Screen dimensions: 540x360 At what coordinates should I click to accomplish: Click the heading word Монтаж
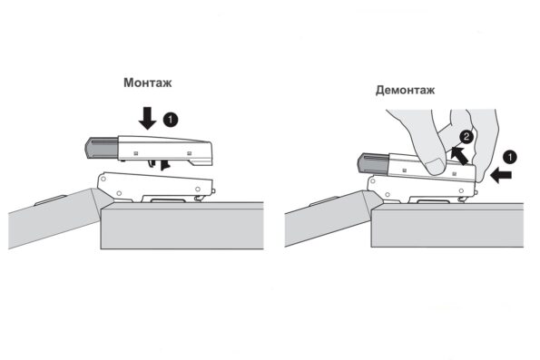147,83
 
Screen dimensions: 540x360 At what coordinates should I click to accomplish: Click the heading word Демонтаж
405,90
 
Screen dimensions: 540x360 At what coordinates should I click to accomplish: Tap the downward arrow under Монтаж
147,118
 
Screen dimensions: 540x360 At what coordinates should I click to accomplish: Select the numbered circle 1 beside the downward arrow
170,120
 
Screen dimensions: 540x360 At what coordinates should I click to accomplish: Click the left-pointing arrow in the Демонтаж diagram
501,176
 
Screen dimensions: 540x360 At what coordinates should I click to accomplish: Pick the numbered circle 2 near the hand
466,137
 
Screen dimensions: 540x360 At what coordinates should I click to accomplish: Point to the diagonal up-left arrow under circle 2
459,156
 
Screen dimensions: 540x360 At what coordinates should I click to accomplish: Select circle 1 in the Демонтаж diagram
510,157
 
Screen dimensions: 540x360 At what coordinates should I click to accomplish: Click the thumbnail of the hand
435,166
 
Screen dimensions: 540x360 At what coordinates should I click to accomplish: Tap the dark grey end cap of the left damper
102,148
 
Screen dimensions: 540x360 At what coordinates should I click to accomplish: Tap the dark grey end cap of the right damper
373,163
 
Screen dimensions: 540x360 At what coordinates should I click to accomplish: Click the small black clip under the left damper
165,165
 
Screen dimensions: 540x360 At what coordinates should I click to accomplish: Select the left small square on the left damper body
136,153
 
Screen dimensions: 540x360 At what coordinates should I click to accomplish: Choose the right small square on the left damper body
189,153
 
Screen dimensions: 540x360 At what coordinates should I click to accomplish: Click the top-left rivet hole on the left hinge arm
103,179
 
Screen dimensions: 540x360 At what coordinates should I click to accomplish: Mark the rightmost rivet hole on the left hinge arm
198,189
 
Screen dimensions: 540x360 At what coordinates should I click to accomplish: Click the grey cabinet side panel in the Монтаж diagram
182,226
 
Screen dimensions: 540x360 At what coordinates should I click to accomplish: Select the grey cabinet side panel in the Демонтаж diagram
447,225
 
